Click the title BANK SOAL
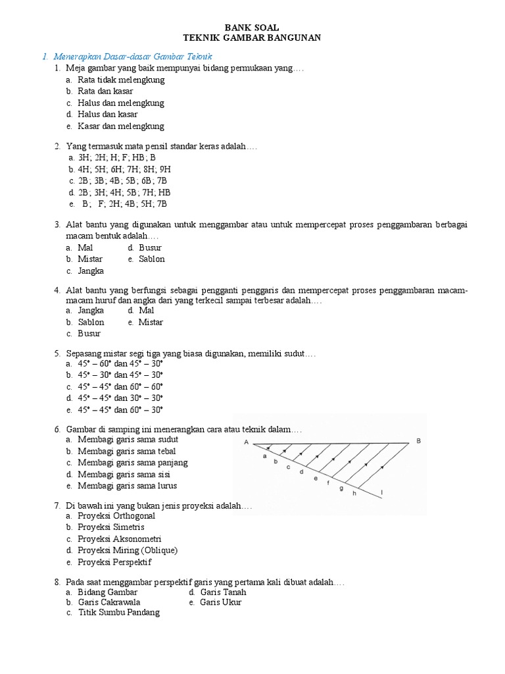(x=252, y=27)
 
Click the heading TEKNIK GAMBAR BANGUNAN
(x=252, y=38)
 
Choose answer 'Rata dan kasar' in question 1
(x=105, y=91)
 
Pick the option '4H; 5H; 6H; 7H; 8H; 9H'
(x=124, y=169)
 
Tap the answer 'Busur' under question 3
(x=150, y=247)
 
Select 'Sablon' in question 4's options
(x=91, y=322)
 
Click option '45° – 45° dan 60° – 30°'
(x=120, y=409)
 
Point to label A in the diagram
(x=247, y=442)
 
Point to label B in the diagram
(x=418, y=440)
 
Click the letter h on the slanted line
(x=354, y=493)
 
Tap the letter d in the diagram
(x=301, y=471)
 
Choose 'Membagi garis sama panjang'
(x=132, y=463)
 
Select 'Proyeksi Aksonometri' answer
(x=119, y=538)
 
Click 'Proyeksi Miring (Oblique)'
(x=128, y=550)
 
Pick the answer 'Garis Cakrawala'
(x=108, y=602)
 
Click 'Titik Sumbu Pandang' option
(x=118, y=613)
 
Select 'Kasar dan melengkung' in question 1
(x=120, y=126)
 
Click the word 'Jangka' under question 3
(x=91, y=271)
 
